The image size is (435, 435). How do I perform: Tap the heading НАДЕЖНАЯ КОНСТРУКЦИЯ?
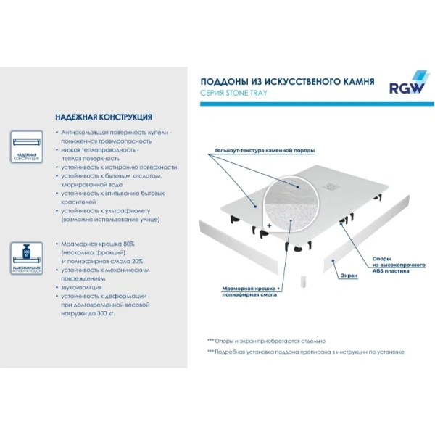[103, 117]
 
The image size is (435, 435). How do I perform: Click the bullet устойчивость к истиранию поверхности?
[119, 166]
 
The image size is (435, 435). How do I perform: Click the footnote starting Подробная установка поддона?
[309, 352]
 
